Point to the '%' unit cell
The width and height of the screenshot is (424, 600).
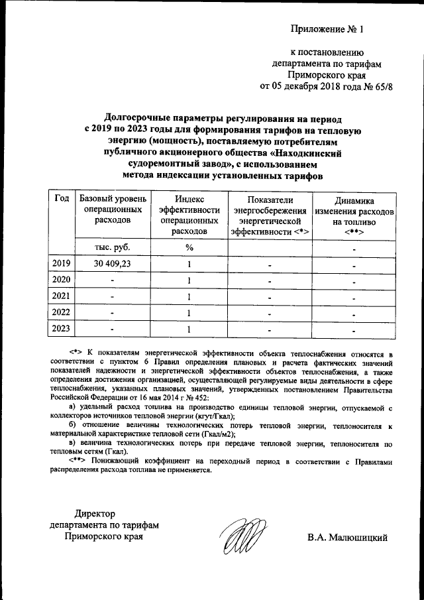189,247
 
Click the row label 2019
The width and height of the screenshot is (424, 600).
61,265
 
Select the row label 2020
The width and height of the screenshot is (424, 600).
61,280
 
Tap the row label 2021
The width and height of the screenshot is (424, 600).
61,296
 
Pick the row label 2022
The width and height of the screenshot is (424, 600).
61,312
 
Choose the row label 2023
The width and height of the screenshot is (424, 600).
61,328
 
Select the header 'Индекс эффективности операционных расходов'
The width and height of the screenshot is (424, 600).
189,215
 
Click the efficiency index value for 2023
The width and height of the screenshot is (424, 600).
189,328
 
